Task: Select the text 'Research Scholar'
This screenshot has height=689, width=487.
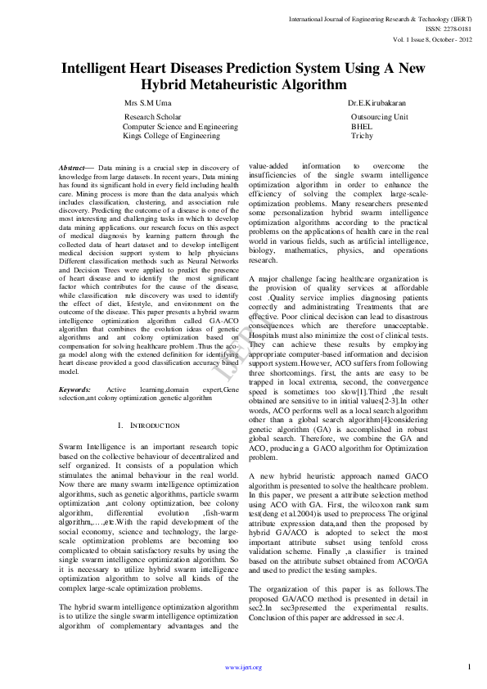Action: (x=152, y=118)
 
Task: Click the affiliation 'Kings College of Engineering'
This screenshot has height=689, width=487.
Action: (x=171, y=136)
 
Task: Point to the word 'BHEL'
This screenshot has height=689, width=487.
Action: (x=361, y=127)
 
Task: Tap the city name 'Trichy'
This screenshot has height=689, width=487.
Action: (x=362, y=136)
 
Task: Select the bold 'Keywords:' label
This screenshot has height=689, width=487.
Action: (x=75, y=389)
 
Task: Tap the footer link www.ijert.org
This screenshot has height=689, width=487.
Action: (x=243, y=667)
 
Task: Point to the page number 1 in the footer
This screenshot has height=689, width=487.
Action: (x=469, y=666)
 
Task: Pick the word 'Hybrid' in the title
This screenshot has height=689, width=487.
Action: (x=168, y=84)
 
